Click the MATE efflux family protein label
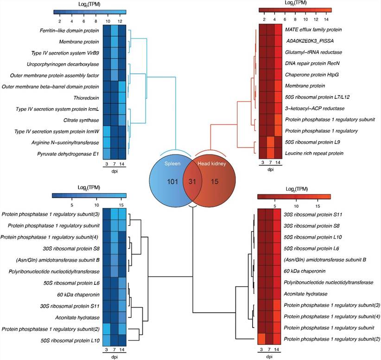tap(314, 30)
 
